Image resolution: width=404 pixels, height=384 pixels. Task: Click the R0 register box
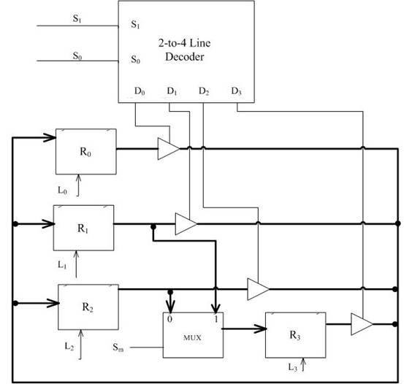[86, 151]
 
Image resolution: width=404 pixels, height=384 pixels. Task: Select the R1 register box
[83, 228]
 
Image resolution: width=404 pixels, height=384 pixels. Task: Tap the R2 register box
[88, 307]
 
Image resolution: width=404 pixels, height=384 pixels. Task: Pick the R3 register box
[296, 335]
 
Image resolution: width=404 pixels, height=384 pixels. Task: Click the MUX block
[193, 335]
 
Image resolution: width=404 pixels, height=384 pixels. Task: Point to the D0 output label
[140, 91]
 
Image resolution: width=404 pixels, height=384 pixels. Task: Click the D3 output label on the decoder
[236, 91]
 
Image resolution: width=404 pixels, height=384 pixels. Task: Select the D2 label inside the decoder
[204, 91]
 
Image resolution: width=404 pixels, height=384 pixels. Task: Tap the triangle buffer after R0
[169, 149]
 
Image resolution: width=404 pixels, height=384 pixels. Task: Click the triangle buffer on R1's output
[186, 224]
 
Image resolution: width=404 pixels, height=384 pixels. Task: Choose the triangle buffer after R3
[362, 324]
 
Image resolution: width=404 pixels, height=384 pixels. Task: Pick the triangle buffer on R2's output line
[258, 289]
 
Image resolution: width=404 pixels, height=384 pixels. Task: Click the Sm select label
[118, 347]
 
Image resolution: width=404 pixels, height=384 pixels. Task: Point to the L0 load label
[63, 191]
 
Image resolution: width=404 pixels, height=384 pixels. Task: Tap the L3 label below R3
[293, 367]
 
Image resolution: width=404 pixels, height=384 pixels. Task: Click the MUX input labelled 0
[169, 319]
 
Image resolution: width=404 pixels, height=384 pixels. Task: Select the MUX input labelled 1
[216, 319]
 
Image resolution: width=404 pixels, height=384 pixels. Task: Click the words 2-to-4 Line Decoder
[185, 50]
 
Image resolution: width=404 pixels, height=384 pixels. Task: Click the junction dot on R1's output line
[153, 227]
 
